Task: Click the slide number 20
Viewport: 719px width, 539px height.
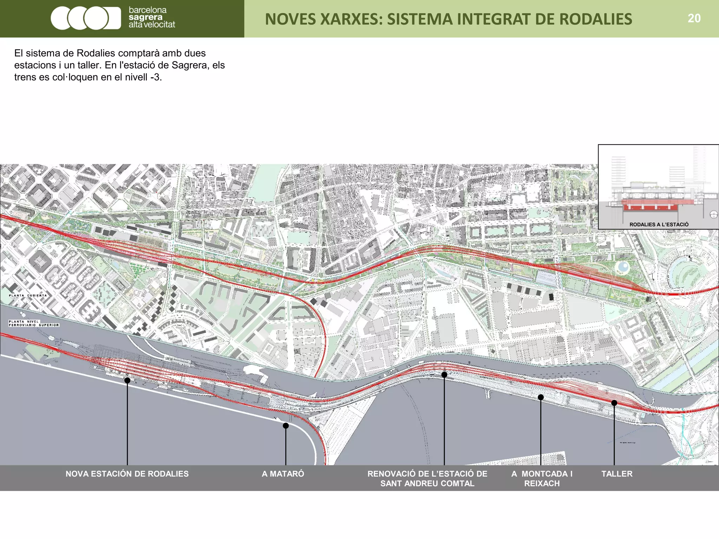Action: click(x=694, y=18)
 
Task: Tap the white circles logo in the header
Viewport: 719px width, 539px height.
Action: click(x=85, y=18)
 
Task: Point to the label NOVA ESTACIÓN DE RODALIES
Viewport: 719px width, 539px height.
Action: click(x=127, y=474)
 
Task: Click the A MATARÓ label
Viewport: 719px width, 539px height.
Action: click(x=283, y=474)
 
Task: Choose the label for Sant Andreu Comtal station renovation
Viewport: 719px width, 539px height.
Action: click(x=427, y=479)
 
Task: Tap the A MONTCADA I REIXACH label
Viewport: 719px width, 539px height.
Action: click(x=542, y=479)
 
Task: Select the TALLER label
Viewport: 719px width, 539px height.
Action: click(x=617, y=474)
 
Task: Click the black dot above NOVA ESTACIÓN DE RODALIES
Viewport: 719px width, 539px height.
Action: click(x=127, y=380)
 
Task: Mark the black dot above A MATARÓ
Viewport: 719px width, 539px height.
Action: click(x=286, y=426)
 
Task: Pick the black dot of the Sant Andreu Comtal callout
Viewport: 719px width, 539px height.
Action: click(x=444, y=375)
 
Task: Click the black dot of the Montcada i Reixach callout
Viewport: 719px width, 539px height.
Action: click(x=541, y=397)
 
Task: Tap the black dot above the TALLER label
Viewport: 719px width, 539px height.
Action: click(x=614, y=403)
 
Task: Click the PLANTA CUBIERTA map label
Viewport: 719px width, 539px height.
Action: click(x=28, y=295)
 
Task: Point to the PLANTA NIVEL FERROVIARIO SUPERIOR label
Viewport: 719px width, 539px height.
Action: click(x=34, y=323)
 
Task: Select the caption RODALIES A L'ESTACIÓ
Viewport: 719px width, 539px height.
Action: click(x=659, y=225)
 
